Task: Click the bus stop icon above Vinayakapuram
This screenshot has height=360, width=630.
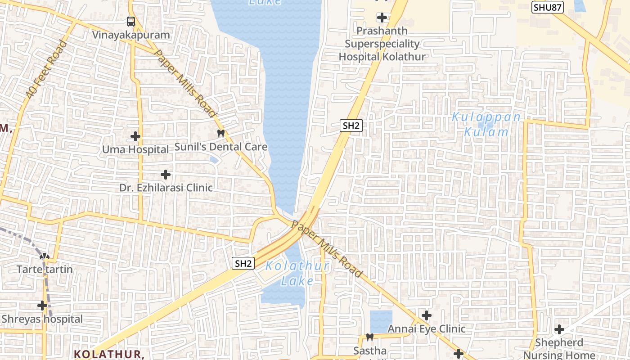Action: pos(130,21)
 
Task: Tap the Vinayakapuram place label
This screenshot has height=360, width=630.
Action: pos(131,35)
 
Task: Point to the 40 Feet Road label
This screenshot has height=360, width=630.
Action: pos(46,70)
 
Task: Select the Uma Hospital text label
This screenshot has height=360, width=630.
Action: pos(135,149)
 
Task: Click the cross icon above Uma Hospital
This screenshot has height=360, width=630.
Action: pos(135,136)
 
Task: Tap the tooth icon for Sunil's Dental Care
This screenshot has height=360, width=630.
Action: pos(220,133)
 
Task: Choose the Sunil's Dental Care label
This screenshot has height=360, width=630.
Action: pos(220,147)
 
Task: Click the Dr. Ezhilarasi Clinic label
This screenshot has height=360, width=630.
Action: pos(166,187)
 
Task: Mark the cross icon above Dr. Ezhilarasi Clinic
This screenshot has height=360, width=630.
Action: pos(166,174)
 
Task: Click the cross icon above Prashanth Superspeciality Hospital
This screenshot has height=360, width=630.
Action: pos(382,18)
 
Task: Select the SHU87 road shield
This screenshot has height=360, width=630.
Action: pos(548,7)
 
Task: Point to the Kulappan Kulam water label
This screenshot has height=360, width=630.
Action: pos(486,125)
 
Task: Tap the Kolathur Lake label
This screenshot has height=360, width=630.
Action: pos(297,273)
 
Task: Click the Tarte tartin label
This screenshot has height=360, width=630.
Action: pos(45,270)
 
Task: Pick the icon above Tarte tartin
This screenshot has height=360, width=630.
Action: pos(45,256)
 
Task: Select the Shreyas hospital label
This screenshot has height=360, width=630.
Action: pos(42,319)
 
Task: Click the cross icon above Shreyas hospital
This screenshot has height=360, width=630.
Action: pos(42,306)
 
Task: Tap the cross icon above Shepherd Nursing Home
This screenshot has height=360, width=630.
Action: pos(559,329)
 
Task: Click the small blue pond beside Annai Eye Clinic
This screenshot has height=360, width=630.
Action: pos(381,321)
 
